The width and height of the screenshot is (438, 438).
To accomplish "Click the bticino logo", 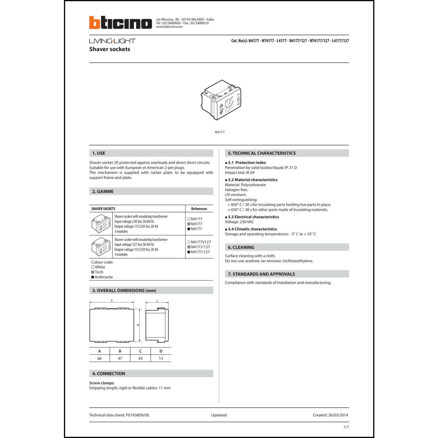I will tap(120, 23).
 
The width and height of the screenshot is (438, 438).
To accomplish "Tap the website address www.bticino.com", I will tap(169, 27).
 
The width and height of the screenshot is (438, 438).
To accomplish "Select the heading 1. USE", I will tap(99, 153).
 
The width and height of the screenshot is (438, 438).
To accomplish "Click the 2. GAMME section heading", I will tap(103, 192).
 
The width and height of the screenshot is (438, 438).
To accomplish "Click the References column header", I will tap(199, 209).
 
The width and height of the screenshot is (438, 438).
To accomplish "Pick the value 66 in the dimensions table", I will tap(100, 359).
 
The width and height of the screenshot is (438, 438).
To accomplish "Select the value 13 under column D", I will tap(161, 359).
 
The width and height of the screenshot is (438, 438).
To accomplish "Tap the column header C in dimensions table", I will tap(140, 351).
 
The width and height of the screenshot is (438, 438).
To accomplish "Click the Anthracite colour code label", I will tap(104, 277).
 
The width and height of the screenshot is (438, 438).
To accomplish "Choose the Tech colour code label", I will tap(99, 272).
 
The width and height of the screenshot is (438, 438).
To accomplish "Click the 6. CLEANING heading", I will tap(241, 247).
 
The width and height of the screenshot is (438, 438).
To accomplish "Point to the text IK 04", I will tap(250, 173).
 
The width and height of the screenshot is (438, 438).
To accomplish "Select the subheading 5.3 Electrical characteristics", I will tap(253, 217).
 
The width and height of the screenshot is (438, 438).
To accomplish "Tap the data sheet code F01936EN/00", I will tap(138, 415).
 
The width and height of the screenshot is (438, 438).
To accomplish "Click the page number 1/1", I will tap(346, 427).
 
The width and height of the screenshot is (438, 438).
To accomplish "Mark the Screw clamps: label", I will tap(102, 383).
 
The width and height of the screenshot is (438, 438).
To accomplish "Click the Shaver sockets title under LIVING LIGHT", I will tap(110, 49).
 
